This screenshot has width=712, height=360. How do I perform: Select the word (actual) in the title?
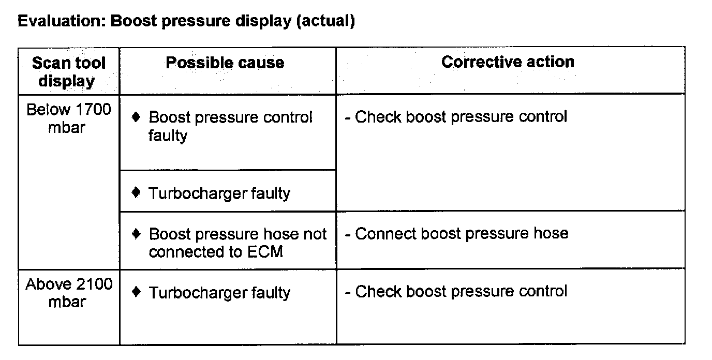click(x=325, y=22)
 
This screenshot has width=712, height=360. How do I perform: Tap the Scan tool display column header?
click(x=68, y=72)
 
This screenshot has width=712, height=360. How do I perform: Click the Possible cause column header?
click(x=225, y=63)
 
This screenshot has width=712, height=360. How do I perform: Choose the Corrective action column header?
click(x=508, y=62)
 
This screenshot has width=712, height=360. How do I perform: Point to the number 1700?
click(x=94, y=110)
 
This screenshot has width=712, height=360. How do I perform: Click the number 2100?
click(x=94, y=284)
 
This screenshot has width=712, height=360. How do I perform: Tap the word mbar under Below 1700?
click(x=67, y=128)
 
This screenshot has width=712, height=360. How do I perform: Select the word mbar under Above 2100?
click(x=67, y=302)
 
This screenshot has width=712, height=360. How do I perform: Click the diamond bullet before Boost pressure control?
click(x=136, y=117)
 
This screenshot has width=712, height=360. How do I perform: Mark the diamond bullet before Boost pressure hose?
click(x=137, y=234)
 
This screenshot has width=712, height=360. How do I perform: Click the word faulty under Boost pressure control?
click(x=168, y=136)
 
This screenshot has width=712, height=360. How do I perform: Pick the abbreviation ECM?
click(x=265, y=252)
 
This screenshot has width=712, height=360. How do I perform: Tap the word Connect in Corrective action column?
click(x=386, y=234)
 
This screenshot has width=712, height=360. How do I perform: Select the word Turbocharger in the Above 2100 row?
click(x=197, y=293)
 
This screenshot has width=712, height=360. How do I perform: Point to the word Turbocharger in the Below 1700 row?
click(x=197, y=193)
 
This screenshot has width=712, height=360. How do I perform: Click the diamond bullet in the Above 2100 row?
click(x=137, y=292)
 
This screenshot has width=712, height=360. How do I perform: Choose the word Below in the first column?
click(x=49, y=110)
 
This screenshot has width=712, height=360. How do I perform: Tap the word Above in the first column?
click(x=49, y=284)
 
